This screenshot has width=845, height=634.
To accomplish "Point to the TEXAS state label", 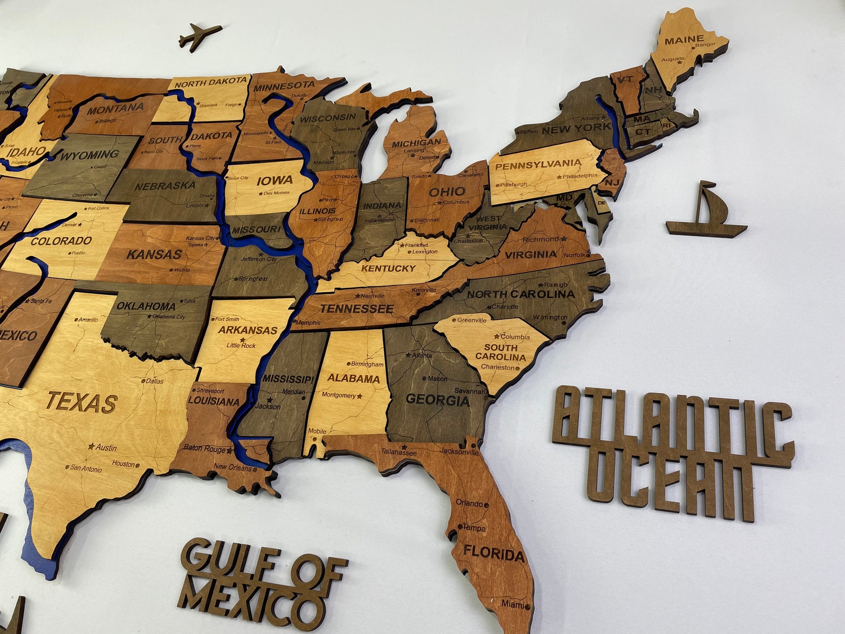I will coord(82,402).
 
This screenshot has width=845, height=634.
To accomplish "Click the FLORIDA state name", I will coord(494,554).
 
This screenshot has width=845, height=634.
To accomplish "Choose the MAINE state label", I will coord(684,41).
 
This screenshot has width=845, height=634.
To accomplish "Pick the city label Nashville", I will coord(372,296).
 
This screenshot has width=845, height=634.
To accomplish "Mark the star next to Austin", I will coord(91,446).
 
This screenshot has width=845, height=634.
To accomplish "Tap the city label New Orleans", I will coord(232,468).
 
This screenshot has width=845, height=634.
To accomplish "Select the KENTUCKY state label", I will coord(388,268).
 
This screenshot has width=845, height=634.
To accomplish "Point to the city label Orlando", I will coord(469,503).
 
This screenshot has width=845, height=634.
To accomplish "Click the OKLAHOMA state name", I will coord(146,306).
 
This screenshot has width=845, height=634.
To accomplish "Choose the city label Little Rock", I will coord(241,346).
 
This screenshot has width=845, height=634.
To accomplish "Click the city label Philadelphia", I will coord(580,176).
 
